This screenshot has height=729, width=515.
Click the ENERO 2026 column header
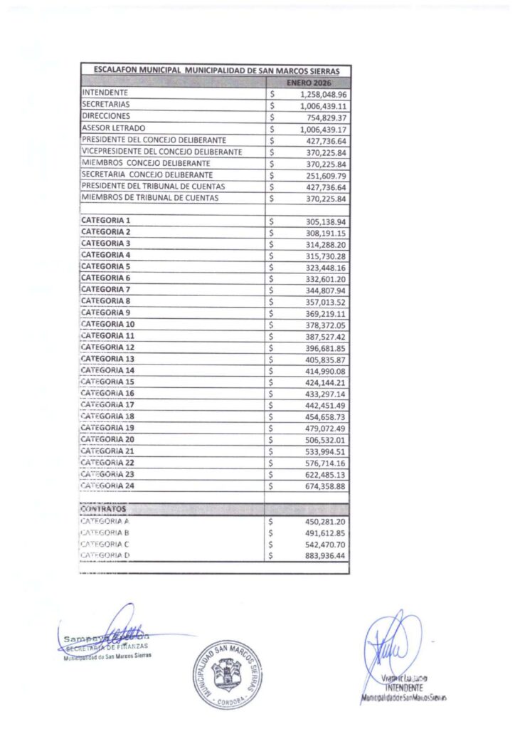[x=308, y=83]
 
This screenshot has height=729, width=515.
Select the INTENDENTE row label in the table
[x=105, y=93]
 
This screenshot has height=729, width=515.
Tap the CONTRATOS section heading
[x=103, y=510]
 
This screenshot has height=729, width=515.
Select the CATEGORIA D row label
[x=105, y=555]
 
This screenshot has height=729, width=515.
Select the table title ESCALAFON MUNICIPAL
[x=216, y=71]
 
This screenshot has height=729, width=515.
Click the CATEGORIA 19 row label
[x=108, y=428]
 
